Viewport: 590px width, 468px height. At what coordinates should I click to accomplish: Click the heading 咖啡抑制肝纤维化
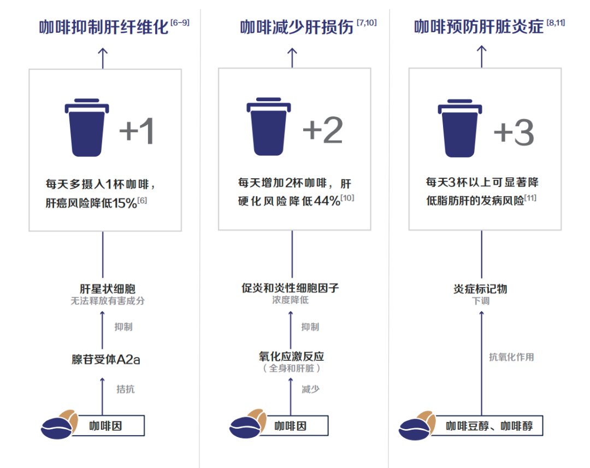tap(103, 27)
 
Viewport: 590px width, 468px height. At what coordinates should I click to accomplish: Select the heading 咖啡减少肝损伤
tap(297, 27)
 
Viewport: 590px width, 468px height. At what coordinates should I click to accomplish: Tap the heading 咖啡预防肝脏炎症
tap(479, 27)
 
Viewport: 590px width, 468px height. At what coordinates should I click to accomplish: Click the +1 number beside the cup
tap(137, 131)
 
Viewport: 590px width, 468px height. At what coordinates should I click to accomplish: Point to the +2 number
tap(323, 130)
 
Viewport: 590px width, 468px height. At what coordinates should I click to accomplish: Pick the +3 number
tap(514, 132)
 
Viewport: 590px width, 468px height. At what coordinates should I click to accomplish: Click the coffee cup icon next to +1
tap(87, 127)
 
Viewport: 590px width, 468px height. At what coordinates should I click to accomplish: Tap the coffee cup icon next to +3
tap(460, 128)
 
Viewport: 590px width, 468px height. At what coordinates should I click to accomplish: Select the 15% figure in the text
tap(124, 203)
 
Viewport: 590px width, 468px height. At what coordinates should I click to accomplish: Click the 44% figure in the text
tap(327, 201)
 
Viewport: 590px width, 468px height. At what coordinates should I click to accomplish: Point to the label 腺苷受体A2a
tap(106, 360)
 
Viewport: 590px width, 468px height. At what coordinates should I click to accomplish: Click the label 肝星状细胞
tap(108, 289)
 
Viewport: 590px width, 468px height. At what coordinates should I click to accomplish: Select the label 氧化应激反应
tap(291, 356)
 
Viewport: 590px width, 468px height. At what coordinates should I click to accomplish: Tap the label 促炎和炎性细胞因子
tap(290, 288)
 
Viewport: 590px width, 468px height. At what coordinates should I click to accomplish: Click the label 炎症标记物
tap(481, 289)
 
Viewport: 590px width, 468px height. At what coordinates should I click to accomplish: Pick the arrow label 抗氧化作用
tap(511, 357)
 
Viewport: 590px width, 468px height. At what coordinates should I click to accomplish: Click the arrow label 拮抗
tap(125, 389)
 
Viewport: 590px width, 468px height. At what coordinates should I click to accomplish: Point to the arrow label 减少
tap(310, 389)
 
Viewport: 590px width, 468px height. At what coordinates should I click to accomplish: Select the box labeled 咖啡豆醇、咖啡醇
tap(487, 426)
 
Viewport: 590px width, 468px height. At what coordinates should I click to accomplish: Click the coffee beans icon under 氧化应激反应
tap(248, 424)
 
